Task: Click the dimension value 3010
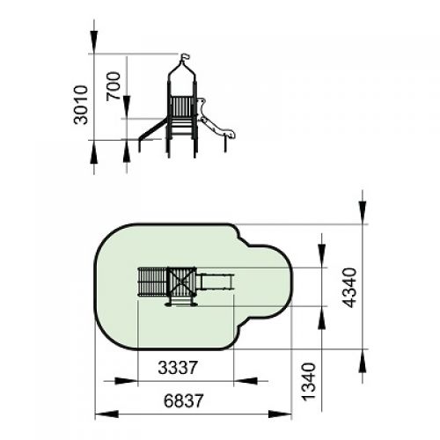click(81, 105)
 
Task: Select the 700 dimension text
click(114, 86)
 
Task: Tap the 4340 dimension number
click(350, 288)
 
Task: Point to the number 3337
click(178, 368)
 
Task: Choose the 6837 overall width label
click(184, 400)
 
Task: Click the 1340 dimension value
click(309, 382)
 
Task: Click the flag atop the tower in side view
click(185, 57)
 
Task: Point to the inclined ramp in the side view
click(152, 129)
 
